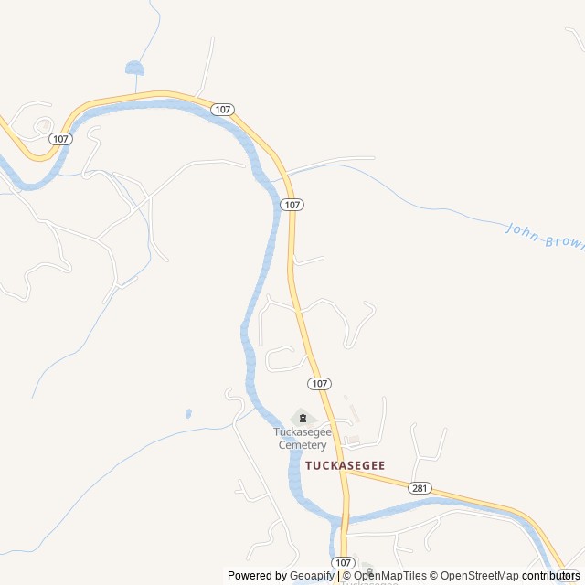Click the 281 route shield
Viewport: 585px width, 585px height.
(x=420, y=487)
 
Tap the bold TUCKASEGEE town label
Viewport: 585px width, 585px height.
(x=345, y=465)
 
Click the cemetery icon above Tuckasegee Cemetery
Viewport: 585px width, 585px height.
(x=302, y=418)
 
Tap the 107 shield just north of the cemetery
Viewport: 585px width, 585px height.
(x=319, y=383)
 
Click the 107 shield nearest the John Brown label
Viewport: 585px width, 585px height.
(x=292, y=205)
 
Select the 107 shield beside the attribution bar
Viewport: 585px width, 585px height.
(x=343, y=562)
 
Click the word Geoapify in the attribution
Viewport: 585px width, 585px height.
(x=312, y=576)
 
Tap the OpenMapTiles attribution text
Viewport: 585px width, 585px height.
(x=389, y=576)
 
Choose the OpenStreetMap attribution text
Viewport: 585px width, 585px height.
(x=480, y=576)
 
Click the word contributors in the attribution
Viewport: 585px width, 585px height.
(x=551, y=576)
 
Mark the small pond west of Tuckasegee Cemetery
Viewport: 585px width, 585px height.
(x=188, y=413)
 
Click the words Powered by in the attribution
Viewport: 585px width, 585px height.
(x=257, y=576)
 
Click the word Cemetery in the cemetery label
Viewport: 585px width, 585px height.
(x=303, y=445)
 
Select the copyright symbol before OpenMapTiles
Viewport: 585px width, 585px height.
(x=346, y=576)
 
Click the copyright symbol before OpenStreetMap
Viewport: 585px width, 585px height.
(x=434, y=576)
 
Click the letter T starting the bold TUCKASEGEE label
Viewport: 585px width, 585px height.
(x=309, y=465)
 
